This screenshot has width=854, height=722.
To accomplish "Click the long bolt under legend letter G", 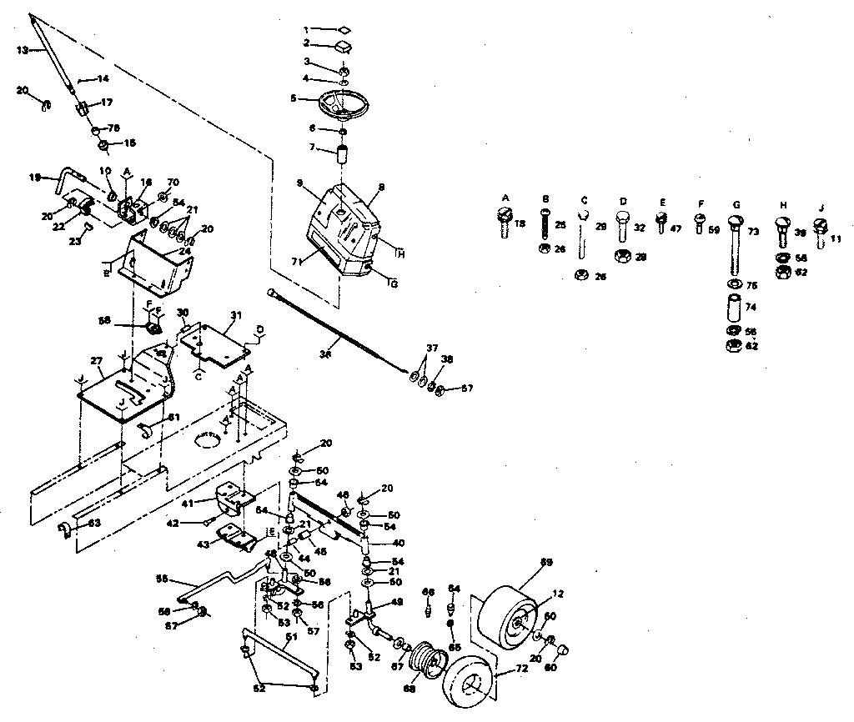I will click(735, 246).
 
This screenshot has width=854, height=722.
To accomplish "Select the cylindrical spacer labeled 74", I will click(735, 307).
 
